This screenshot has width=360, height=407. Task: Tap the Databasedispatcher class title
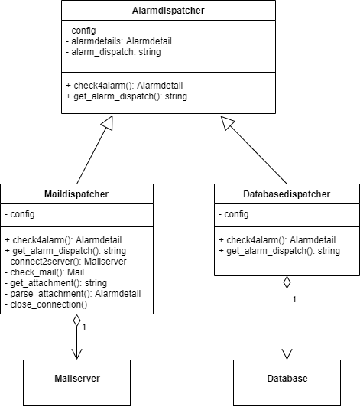coord(284,195)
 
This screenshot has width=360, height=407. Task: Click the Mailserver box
coord(76,379)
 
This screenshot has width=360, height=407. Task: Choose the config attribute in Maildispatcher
coord(20,216)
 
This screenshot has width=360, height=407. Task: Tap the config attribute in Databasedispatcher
coord(234,216)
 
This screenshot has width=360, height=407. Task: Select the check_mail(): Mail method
coord(43,272)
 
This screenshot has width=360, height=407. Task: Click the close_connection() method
coord(47,304)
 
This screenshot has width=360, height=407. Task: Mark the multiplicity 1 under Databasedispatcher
coord(294,298)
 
